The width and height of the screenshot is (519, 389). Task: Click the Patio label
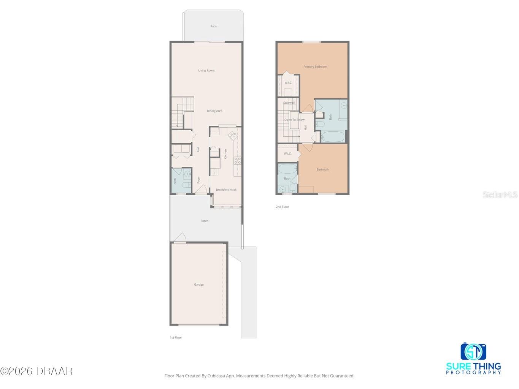[x=214, y=26]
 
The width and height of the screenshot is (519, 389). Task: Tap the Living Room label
[x=206, y=70]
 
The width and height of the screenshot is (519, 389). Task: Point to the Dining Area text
[x=214, y=111]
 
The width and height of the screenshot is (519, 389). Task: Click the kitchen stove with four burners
[x=237, y=160]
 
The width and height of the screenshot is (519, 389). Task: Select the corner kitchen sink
[x=232, y=134]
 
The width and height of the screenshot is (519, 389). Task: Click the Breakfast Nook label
[x=226, y=190]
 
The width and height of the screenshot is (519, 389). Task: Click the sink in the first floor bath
[x=187, y=174]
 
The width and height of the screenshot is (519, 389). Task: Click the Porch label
[x=205, y=221]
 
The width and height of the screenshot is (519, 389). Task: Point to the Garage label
[x=199, y=285]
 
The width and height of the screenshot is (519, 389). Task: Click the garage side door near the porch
[x=179, y=238]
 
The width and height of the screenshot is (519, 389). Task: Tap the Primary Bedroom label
[x=315, y=67]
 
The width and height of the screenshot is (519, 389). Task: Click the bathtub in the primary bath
[x=333, y=136]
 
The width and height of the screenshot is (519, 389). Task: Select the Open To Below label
[x=295, y=120]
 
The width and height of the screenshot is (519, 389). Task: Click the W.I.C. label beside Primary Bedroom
[x=288, y=82]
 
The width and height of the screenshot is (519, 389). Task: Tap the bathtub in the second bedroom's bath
[x=287, y=169]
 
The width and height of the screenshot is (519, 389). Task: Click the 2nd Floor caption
[x=283, y=207]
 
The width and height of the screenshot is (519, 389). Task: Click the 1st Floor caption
[x=176, y=337]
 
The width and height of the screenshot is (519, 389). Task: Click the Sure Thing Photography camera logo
[x=473, y=352]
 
